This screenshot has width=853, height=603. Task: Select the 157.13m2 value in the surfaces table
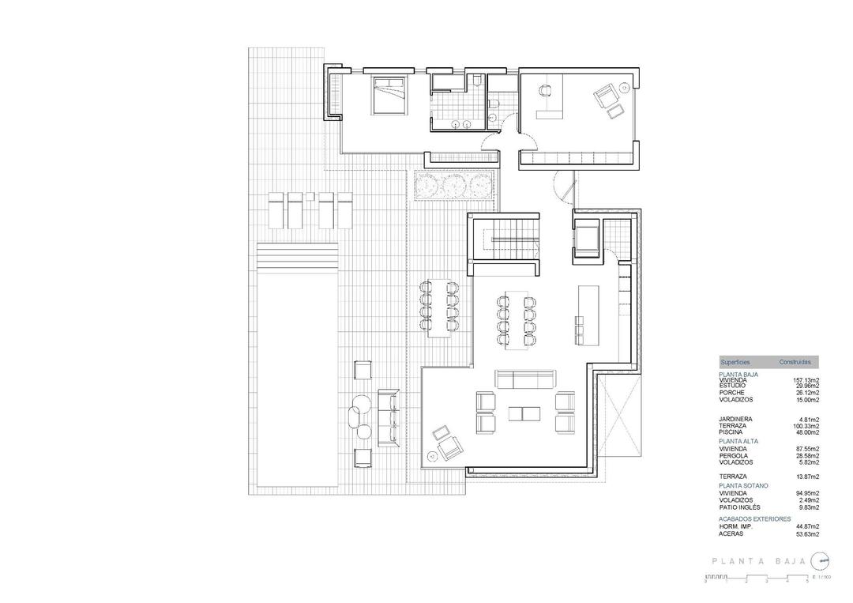(x=806, y=380)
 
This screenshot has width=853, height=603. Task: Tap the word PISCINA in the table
(x=731, y=432)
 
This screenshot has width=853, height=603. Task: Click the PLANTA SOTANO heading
(x=743, y=485)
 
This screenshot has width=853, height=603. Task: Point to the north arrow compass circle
(x=822, y=561)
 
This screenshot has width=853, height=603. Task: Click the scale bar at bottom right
(x=766, y=579)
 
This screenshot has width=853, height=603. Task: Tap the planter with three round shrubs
(x=453, y=186)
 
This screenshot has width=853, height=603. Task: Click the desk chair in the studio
(x=545, y=92)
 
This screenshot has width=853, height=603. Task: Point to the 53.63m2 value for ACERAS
(x=806, y=533)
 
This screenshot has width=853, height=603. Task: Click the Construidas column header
(x=795, y=362)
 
